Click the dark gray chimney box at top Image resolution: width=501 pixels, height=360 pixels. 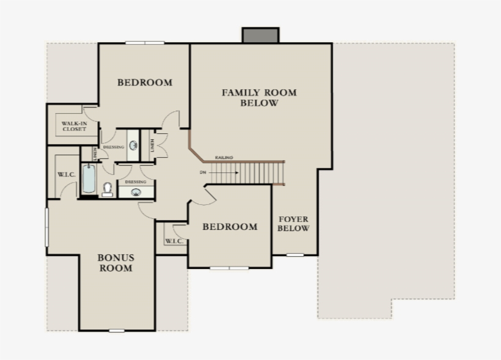260,35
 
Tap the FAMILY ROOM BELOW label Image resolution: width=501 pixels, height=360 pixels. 259,98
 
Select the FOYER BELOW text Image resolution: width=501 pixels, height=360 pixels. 294,224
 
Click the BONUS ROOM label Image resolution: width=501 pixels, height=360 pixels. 115,263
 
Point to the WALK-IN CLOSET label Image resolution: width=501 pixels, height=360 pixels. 73,127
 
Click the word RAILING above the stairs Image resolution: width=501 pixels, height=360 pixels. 224,158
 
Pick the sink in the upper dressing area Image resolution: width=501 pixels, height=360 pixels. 133,147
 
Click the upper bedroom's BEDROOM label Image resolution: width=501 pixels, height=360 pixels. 145,83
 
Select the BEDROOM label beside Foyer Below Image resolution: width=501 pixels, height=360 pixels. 230,227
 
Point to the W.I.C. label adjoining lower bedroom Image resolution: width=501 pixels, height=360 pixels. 174,241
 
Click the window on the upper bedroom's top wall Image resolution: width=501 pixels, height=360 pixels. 145,43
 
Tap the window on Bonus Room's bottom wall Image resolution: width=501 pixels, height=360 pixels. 117,331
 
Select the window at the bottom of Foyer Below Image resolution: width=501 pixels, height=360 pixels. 295,254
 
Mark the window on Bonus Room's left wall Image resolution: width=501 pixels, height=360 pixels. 46,227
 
